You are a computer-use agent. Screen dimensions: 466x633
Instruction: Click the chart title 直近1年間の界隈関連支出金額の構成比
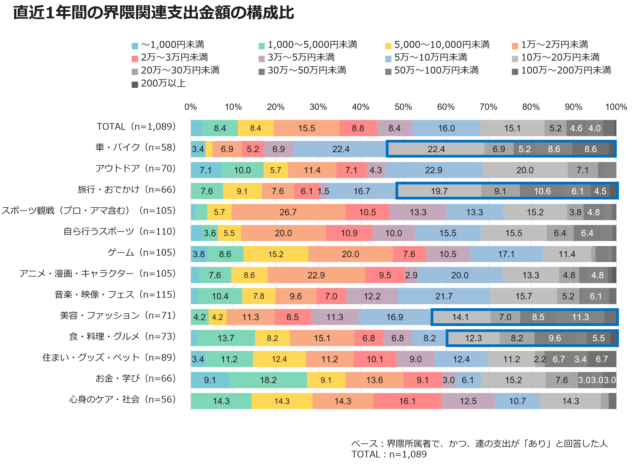click(154, 13)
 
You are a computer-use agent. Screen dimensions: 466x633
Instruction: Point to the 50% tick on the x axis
click(403, 107)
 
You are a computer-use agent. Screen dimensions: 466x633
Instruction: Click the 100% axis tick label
click(616, 107)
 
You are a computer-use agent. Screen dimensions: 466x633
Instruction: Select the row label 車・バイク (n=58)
click(135, 148)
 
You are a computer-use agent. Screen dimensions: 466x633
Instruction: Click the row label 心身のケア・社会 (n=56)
click(122, 400)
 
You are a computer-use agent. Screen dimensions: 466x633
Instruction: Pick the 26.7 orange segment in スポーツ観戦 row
click(288, 212)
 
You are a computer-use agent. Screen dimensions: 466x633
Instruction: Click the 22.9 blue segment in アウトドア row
click(434, 170)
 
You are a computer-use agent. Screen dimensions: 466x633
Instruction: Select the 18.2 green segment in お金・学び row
click(268, 380)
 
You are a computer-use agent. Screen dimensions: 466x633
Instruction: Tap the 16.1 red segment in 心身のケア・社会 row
click(407, 401)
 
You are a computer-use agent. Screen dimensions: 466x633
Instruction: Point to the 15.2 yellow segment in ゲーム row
click(276, 254)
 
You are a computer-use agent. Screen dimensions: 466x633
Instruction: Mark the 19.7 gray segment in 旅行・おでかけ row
click(439, 191)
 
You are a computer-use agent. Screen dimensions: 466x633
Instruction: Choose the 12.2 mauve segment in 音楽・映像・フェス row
click(372, 296)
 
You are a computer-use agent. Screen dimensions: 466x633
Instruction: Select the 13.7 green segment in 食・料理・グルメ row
click(226, 338)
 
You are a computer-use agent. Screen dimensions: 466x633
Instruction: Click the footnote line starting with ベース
click(479, 443)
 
